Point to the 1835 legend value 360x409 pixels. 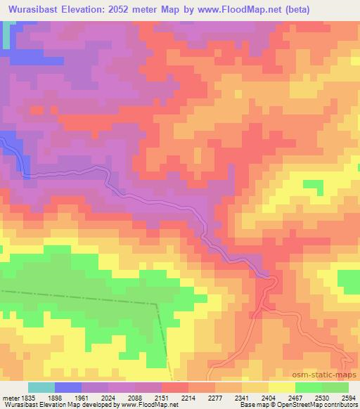[27, 398]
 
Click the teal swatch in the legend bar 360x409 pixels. [41, 387]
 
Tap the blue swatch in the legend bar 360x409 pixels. [68, 387]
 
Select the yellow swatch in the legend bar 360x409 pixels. [282, 387]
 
